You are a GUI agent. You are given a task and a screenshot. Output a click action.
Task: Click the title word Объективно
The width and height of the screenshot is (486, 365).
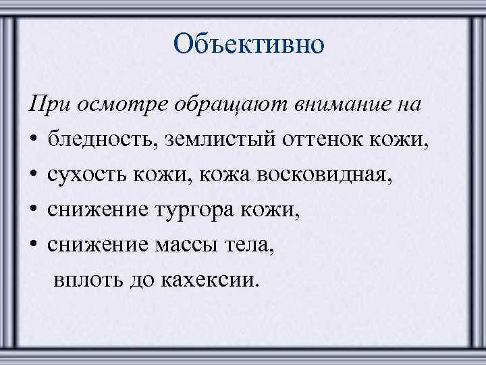248,45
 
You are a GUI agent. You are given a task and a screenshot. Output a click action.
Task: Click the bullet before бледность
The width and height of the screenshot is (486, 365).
34,140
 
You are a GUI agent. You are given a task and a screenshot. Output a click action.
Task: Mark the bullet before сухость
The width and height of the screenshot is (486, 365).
34,174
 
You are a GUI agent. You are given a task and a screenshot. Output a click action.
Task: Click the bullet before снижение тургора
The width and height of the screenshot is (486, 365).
34,210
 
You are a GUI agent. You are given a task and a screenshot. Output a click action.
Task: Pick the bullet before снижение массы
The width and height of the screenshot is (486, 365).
34,245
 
